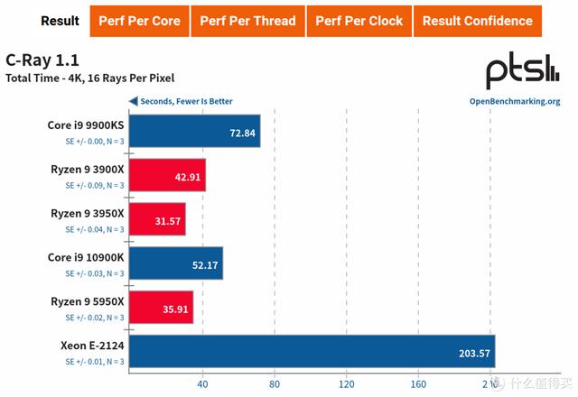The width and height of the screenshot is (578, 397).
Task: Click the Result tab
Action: (x=61, y=21)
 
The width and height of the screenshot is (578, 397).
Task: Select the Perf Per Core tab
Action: (x=139, y=21)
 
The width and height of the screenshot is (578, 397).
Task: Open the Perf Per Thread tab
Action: (x=247, y=21)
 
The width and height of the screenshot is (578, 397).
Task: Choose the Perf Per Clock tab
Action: (x=359, y=21)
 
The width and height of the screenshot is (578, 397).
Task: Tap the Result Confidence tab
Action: (x=477, y=21)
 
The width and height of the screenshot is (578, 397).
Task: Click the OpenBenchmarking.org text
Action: (x=515, y=102)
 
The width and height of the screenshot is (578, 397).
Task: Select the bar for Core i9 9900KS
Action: (x=195, y=132)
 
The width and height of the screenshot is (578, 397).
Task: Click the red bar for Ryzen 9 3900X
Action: (x=168, y=175)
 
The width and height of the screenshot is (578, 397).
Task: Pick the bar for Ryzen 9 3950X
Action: (x=158, y=219)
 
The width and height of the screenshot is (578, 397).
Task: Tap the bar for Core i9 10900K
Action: (x=177, y=263)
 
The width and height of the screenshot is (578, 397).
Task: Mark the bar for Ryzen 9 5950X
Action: (x=162, y=306)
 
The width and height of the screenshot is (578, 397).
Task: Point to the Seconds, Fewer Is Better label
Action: (x=186, y=101)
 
